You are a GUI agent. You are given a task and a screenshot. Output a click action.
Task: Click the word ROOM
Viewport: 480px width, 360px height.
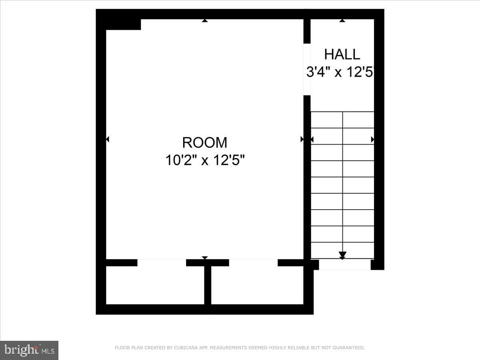(205, 142)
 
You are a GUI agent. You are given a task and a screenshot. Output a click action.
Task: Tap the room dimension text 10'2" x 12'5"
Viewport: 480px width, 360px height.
(205, 160)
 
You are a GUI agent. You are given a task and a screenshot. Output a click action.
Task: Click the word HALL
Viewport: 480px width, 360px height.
(342, 54)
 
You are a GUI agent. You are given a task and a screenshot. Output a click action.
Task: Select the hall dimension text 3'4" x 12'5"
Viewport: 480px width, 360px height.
(340, 72)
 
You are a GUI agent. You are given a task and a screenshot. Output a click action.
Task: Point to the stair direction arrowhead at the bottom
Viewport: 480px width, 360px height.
(342, 255)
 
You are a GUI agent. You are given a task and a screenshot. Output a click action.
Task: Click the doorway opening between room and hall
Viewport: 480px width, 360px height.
(307, 70)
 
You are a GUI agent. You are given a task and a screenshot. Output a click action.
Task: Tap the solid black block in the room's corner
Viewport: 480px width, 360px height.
(123, 24)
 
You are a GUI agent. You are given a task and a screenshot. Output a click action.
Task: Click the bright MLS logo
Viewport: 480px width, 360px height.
(29, 350)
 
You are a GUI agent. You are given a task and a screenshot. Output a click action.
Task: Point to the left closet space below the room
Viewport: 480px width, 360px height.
(155, 285)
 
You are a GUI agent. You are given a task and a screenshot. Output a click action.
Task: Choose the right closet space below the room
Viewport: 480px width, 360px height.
(257, 285)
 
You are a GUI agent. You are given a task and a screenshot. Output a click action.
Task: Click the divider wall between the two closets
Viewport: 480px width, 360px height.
(208, 285)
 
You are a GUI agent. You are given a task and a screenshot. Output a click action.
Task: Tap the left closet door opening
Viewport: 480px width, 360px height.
(162, 263)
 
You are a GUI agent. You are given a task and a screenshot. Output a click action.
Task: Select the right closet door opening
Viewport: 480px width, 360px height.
(253, 263)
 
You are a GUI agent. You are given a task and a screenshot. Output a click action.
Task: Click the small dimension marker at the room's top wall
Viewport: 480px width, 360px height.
(205, 20)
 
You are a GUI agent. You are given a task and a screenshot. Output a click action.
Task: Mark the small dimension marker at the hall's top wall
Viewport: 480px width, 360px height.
(342, 20)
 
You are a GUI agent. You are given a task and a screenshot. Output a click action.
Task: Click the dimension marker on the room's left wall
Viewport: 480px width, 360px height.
(108, 139)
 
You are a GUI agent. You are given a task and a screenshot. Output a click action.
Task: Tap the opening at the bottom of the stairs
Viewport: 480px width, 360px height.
(345, 264)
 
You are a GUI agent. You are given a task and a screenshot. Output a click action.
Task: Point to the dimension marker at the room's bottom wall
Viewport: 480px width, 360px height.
(205, 258)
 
